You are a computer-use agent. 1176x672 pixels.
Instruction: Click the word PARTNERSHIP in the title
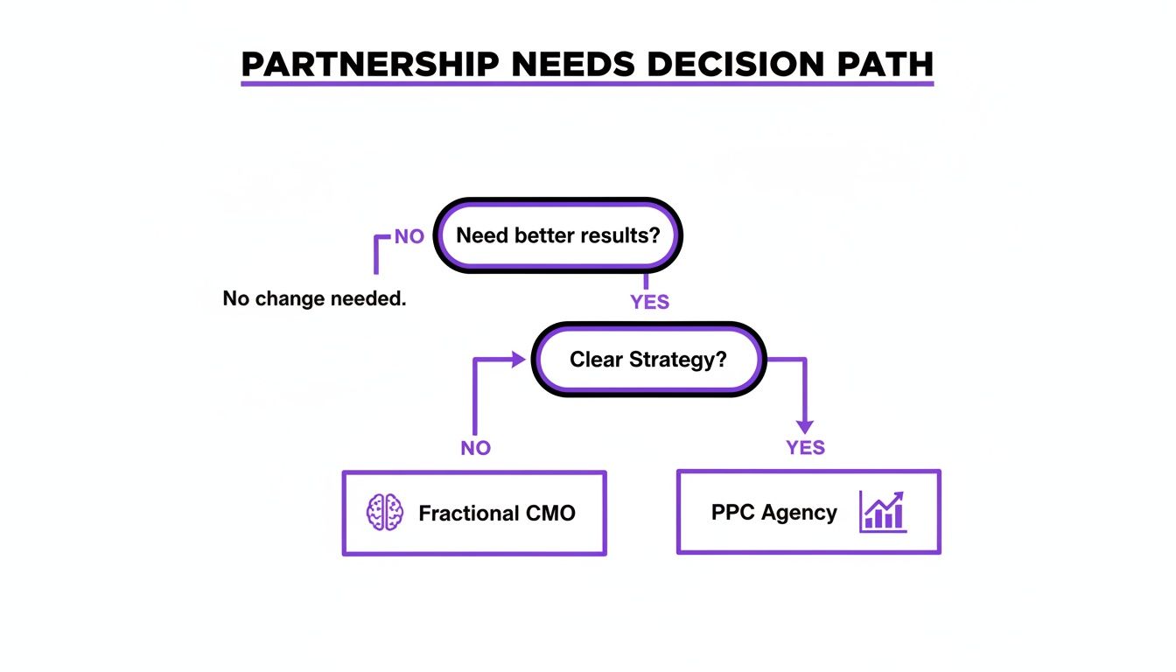(373, 65)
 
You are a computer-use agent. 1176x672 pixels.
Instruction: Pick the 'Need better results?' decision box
(557, 235)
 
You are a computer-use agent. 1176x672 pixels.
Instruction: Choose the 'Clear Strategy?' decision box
(647, 360)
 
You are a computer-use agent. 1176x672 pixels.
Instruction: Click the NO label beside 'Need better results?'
(409, 237)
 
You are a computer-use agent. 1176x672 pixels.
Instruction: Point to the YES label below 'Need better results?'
(649, 302)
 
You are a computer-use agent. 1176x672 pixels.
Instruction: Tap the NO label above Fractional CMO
(476, 448)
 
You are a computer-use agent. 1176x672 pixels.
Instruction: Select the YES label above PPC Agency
(805, 448)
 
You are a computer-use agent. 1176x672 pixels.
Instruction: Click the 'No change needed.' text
(315, 298)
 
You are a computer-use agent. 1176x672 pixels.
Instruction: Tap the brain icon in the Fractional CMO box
(384, 512)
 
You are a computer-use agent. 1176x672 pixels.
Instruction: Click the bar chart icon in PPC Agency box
(883, 511)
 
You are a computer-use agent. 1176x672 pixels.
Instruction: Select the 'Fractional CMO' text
(497, 513)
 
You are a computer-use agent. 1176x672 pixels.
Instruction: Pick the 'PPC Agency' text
(774, 512)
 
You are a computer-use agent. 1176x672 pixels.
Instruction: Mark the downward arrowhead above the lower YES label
(804, 425)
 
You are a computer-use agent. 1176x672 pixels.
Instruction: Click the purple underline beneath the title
(587, 84)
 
